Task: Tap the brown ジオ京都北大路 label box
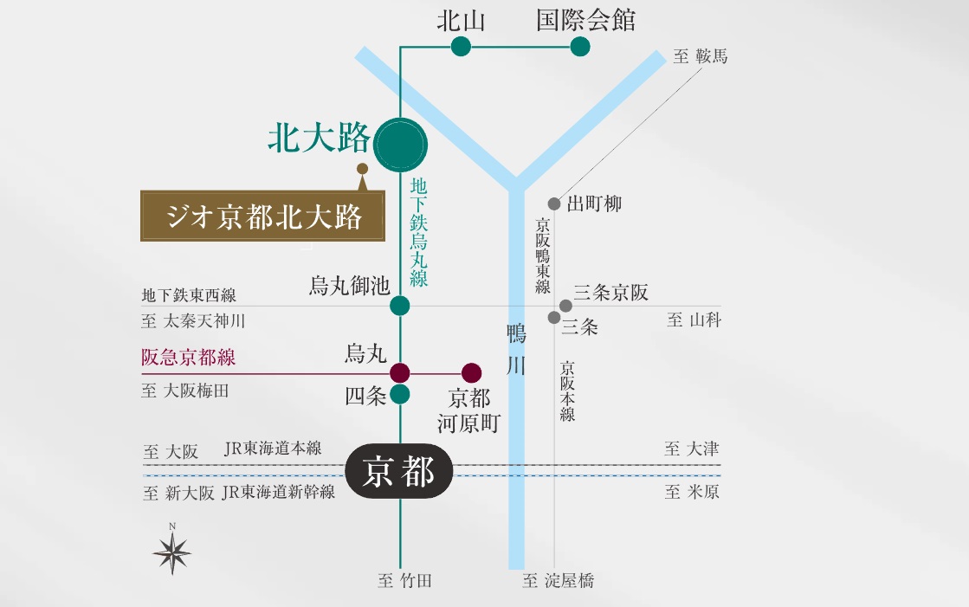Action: click(x=263, y=216)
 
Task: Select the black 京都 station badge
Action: click(x=399, y=473)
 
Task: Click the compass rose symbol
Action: click(x=172, y=552)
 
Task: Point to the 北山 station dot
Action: click(x=461, y=47)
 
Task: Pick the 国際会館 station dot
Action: click(x=580, y=47)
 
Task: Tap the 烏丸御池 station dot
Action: click(x=400, y=305)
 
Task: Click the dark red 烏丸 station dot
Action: click(x=400, y=373)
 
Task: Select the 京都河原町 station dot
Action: click(x=471, y=373)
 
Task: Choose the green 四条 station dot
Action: click(x=400, y=395)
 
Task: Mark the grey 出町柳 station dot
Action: click(x=554, y=204)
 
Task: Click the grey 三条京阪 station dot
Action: click(x=565, y=306)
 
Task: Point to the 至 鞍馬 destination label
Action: click(x=701, y=57)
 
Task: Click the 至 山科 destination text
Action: click(x=694, y=320)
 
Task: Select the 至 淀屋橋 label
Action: click(x=559, y=581)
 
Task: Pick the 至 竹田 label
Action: click(x=404, y=581)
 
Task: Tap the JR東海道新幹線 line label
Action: click(x=278, y=493)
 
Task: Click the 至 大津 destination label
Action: click(x=691, y=449)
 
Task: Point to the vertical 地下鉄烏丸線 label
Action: click(x=419, y=232)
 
